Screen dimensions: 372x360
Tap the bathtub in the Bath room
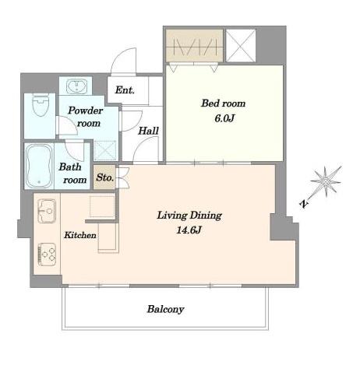(x=38, y=165)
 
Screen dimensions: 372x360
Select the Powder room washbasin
(x=76, y=86)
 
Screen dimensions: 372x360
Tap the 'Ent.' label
(x=125, y=90)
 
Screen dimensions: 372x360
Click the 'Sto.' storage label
(x=104, y=177)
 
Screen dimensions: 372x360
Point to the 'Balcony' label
(x=165, y=309)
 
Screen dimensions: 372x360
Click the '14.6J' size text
(x=190, y=230)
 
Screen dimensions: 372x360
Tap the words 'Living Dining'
(x=189, y=215)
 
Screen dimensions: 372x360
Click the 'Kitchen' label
(x=79, y=233)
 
